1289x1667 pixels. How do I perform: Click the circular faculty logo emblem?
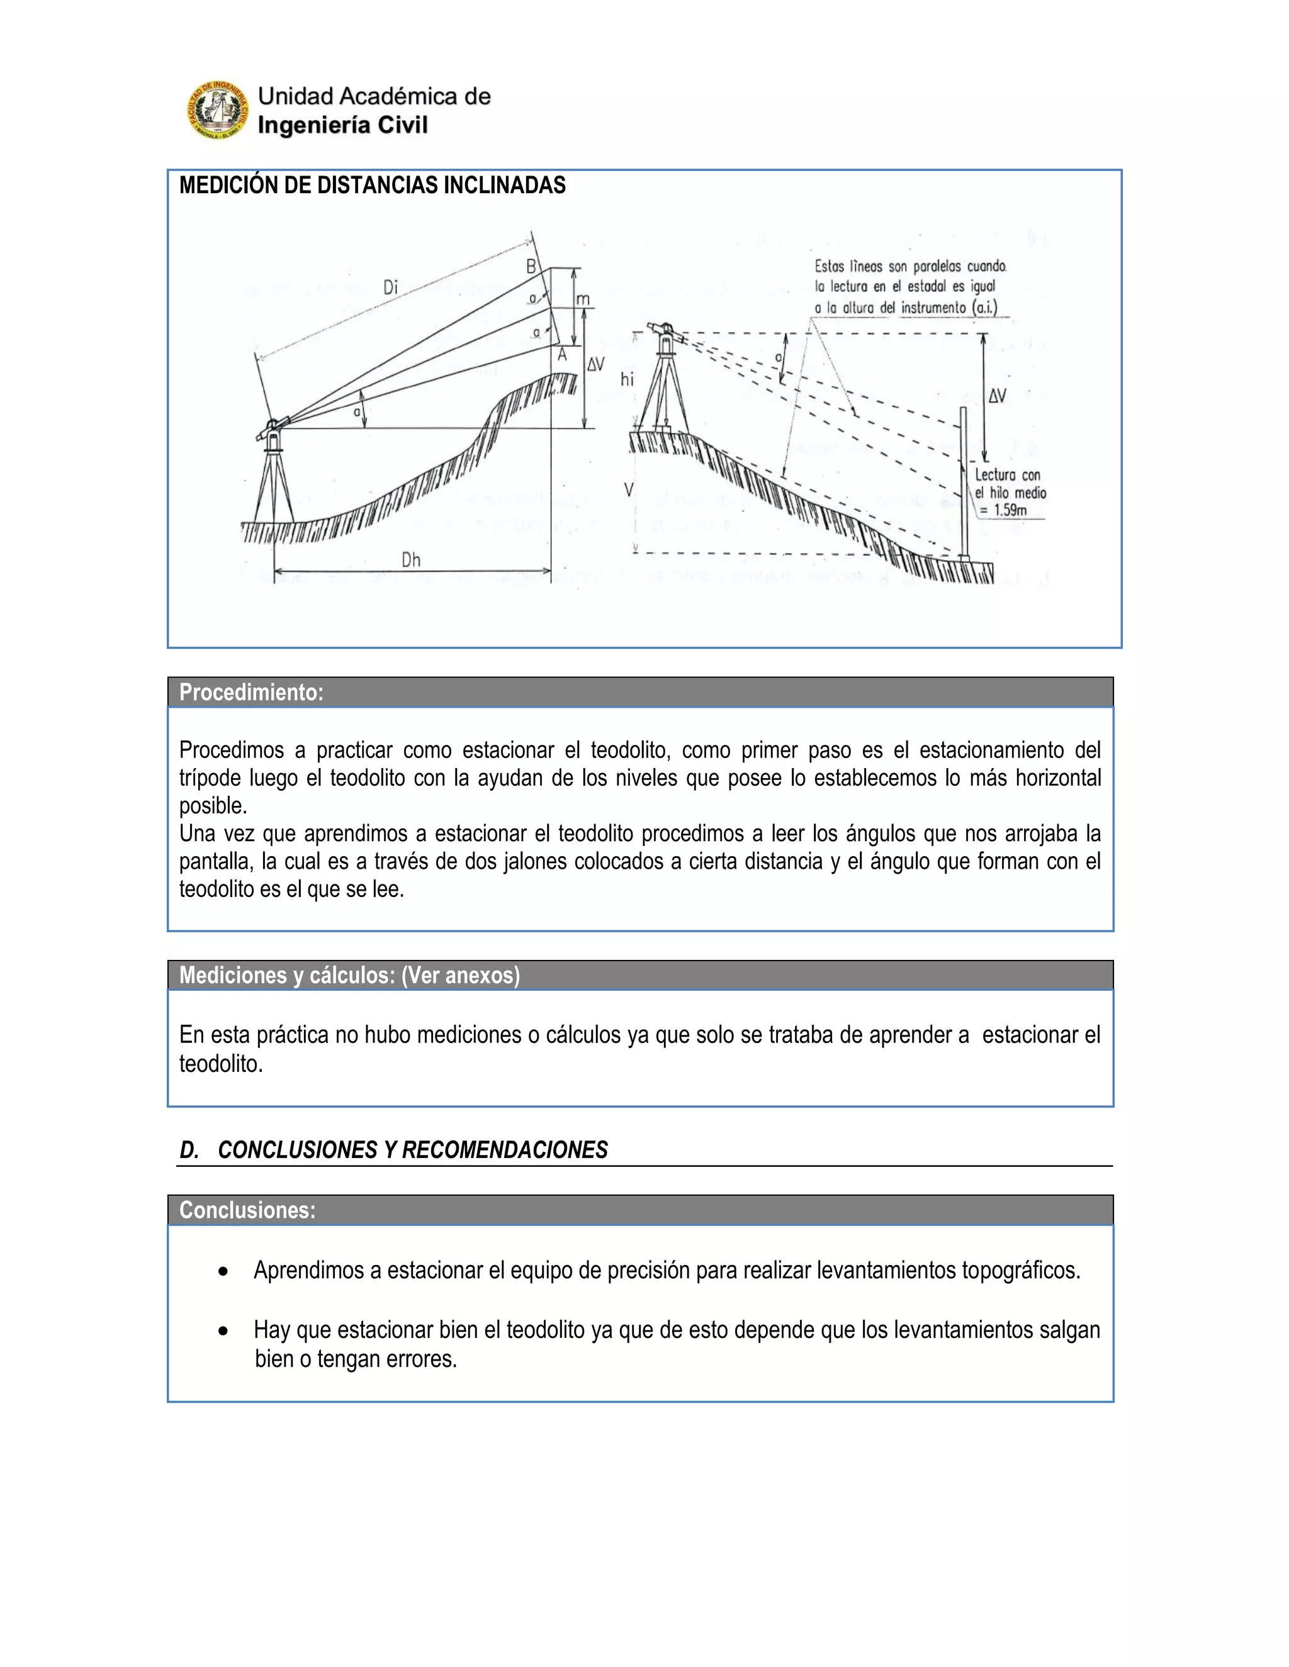tap(218, 111)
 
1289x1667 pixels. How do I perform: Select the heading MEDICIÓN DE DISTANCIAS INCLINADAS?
tap(372, 186)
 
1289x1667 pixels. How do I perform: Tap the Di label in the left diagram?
tap(391, 287)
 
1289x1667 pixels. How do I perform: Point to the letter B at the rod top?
tap(531, 267)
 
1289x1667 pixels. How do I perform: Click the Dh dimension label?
tap(411, 560)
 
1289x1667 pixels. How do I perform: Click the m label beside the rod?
tap(583, 300)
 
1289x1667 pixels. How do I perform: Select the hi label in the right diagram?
tap(627, 379)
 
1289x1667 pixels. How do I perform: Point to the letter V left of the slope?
tap(629, 489)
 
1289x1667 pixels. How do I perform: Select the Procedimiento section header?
tap(251, 693)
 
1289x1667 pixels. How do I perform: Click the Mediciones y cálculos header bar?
tap(349, 976)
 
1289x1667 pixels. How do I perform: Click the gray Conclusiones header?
tap(247, 1210)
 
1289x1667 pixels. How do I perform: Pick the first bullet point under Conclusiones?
tap(222, 1271)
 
